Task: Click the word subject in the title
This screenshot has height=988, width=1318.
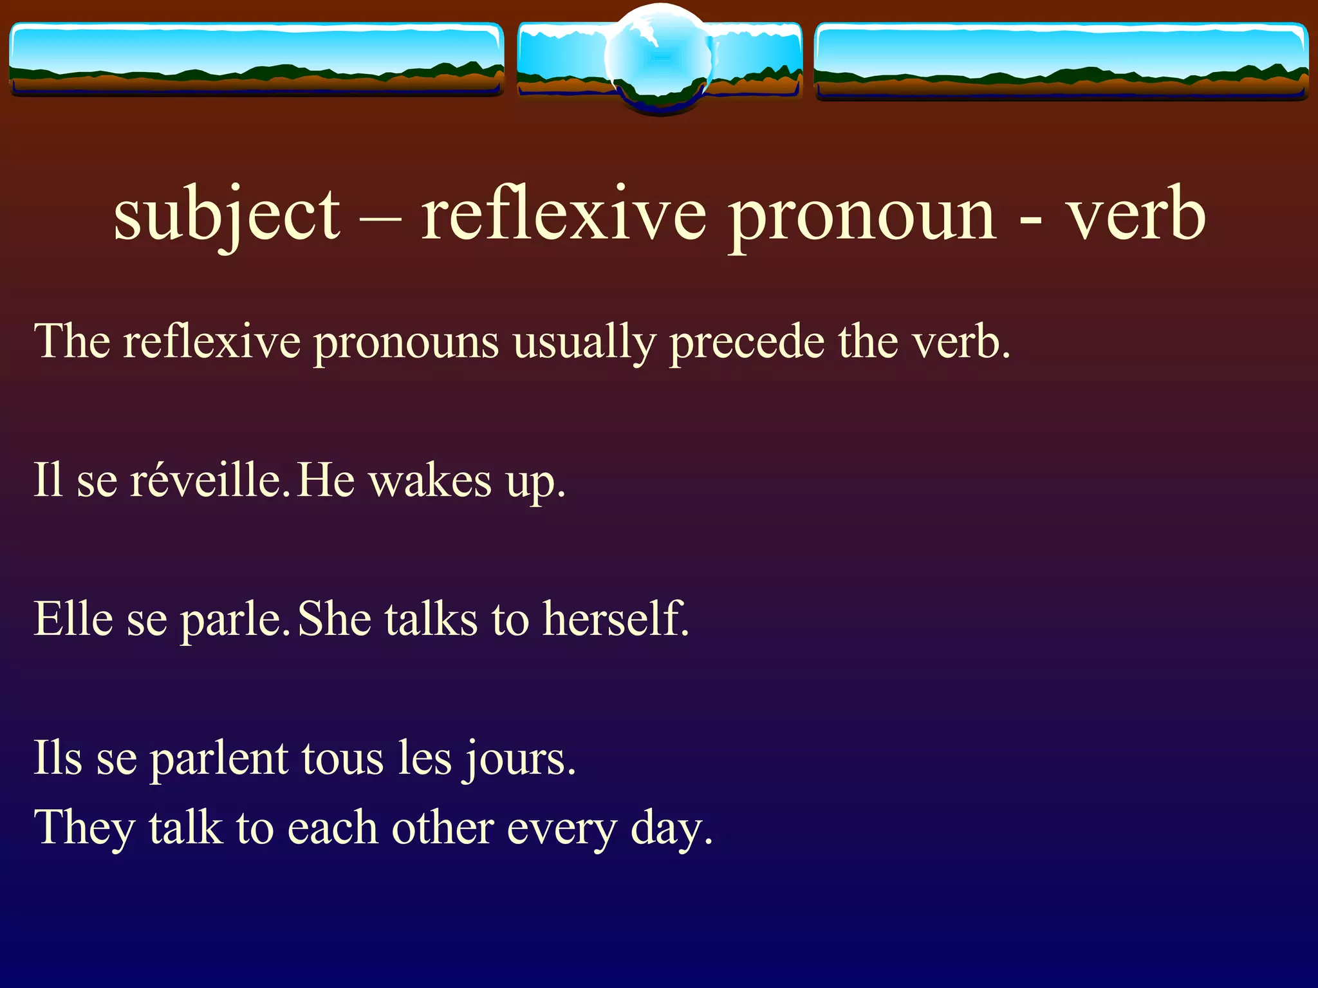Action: click(x=227, y=215)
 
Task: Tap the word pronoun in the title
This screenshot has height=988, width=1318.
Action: click(x=863, y=215)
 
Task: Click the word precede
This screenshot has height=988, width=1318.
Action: click(x=747, y=342)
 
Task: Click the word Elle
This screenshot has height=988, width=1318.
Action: click(x=73, y=619)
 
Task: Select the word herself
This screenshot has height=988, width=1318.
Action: click(x=615, y=619)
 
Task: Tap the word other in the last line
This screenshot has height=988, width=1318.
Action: click(x=442, y=828)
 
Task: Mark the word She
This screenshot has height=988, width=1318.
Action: click(x=335, y=619)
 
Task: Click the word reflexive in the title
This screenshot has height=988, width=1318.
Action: click(x=564, y=215)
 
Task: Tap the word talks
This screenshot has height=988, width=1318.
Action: click(x=431, y=619)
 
